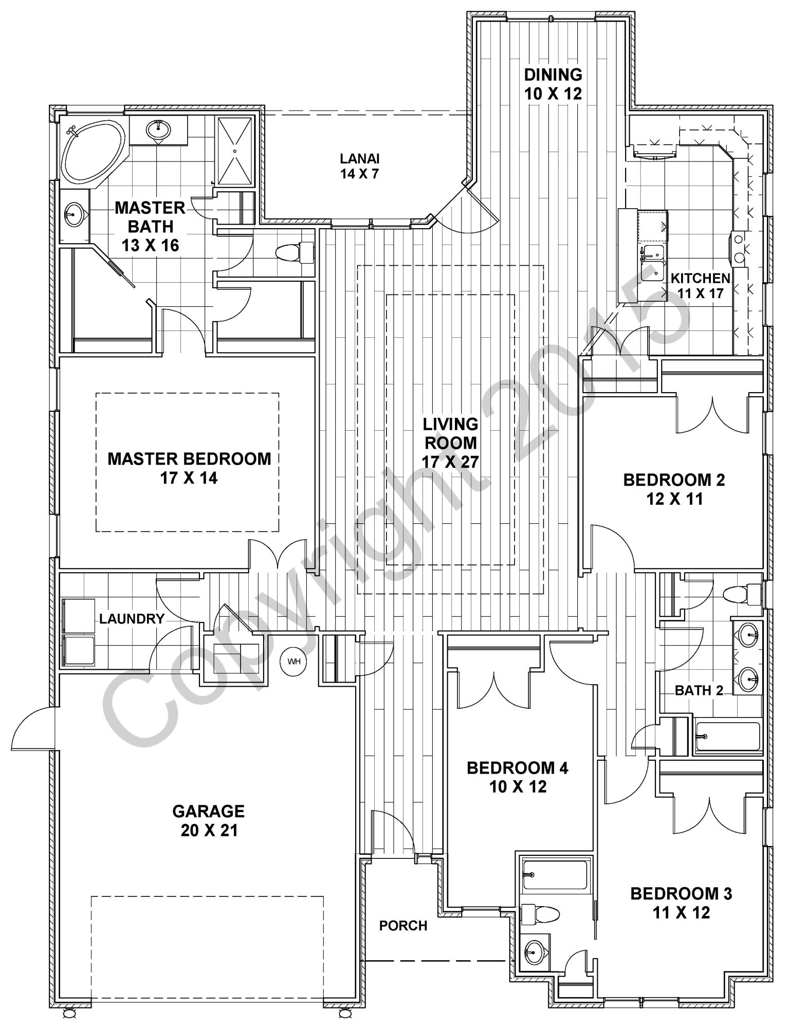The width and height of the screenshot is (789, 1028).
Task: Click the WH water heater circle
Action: point(293,661)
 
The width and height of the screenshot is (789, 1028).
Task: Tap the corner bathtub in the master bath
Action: point(93,152)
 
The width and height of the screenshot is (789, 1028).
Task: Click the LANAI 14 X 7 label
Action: point(359,166)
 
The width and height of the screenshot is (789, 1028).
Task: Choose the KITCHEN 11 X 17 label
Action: point(700,286)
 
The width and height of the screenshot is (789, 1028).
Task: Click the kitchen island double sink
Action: point(653,262)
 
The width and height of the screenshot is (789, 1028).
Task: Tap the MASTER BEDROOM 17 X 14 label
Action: point(189,468)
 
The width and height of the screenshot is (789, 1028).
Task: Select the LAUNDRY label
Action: point(132,619)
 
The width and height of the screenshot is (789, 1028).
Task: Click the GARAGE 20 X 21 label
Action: point(209,820)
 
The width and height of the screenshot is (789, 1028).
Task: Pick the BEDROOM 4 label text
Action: point(518,768)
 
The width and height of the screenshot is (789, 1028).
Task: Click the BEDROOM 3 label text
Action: point(681,894)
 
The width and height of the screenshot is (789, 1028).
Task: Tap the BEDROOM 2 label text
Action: point(674,480)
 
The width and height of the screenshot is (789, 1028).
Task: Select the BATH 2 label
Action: point(699,690)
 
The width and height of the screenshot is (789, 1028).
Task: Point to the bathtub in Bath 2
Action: point(727,739)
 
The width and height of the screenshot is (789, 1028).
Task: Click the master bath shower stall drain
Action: point(234,151)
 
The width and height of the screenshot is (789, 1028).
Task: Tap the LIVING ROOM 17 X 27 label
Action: point(450,443)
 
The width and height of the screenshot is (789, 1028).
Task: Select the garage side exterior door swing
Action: point(33,727)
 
